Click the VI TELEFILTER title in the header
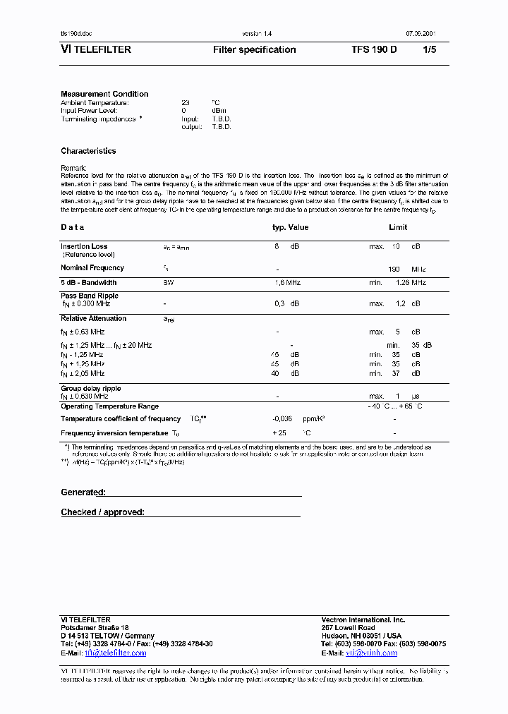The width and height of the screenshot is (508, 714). point(96,50)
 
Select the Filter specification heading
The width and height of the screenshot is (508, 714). point(254,50)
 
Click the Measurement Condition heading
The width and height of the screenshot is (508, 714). point(104,94)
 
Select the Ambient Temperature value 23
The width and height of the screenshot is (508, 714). point(186,102)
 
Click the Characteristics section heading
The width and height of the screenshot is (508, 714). point(88,151)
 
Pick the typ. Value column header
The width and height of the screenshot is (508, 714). point(290,227)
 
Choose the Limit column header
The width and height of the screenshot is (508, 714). point(398,227)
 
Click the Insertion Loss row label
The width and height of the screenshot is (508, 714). point(84,247)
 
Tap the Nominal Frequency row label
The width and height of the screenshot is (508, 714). point(92,268)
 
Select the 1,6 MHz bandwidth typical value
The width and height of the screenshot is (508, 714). point(287,283)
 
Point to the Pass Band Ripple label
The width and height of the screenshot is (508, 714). point(90,296)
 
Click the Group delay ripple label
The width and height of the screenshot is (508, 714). point(90,389)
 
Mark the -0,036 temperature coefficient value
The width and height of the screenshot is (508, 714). point(282,419)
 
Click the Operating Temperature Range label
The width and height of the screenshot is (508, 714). point(109,406)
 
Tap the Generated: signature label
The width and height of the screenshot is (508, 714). point(83,492)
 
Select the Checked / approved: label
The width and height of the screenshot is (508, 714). point(102,512)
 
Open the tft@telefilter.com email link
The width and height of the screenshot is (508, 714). point(116,653)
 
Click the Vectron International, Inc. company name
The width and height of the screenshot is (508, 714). point(363,619)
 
